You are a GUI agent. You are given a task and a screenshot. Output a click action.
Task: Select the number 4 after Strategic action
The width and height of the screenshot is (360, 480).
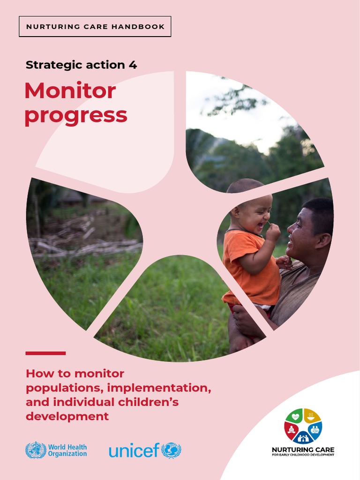coord(133,65)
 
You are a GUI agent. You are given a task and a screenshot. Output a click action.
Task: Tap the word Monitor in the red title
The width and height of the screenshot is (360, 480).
coord(70,91)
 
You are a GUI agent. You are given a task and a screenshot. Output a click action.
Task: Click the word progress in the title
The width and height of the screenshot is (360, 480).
coord(75,115)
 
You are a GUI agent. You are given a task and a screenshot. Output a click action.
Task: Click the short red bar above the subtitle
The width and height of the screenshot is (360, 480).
coord(45,353)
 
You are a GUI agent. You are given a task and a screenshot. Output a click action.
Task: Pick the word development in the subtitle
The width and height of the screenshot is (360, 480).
coord(67,416)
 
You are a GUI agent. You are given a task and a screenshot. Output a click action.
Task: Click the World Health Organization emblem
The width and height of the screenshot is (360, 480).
coord(36,450)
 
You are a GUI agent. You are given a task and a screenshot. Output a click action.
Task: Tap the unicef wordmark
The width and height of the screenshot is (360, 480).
coord(134,451)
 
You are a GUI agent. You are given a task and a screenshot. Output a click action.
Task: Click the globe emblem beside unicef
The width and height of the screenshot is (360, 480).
coord(171,450)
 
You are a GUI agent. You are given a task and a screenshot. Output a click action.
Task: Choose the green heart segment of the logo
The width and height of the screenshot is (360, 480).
coord(295,416)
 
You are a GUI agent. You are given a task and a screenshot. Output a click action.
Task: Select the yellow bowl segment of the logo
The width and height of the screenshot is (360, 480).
coord(312,415)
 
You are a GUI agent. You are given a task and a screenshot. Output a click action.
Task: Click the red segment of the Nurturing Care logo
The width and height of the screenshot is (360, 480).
coord(291,430)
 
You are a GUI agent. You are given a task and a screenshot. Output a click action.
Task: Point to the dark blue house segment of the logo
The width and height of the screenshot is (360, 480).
coord(303,438)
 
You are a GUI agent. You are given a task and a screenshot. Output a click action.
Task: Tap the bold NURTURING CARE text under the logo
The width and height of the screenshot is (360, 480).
coord(303,450)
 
